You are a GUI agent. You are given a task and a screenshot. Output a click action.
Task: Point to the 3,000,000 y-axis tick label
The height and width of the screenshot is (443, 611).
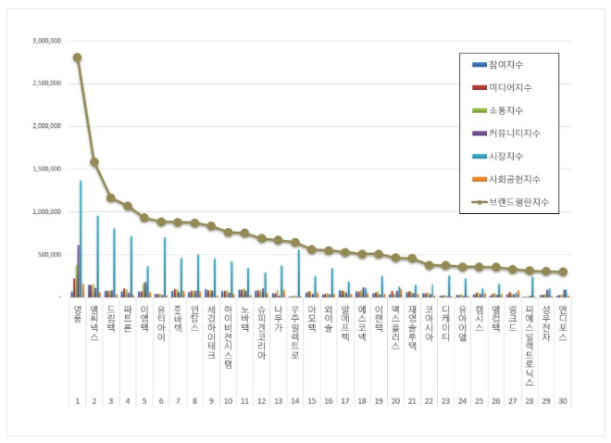tap(45, 41)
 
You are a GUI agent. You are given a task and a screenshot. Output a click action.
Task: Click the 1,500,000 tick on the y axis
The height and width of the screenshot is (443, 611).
tap(45, 169)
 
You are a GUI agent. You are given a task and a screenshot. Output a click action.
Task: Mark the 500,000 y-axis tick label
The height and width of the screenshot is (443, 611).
tap(49, 254)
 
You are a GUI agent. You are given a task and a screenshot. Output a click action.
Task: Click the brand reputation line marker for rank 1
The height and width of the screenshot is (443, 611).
tap(77, 57)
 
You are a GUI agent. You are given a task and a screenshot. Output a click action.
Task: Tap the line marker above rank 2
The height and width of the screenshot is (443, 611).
tap(94, 162)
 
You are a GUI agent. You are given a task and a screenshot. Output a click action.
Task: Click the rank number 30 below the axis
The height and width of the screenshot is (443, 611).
tap(563, 401)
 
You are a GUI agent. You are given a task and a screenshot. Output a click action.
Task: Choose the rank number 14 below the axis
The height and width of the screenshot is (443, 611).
tap(294, 401)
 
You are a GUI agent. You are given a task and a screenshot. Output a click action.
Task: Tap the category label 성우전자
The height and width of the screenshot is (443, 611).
tap(546, 323)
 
